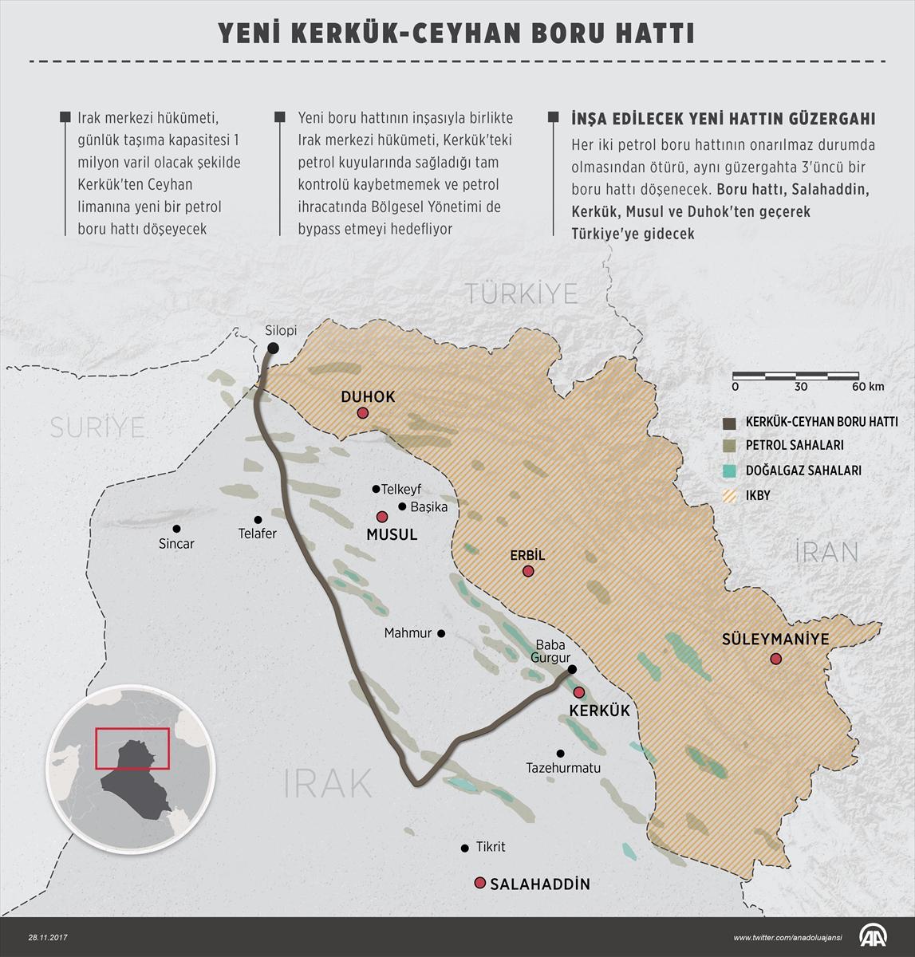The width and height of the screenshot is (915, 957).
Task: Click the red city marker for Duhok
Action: click(363, 413)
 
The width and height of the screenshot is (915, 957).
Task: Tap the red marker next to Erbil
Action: click(527, 571)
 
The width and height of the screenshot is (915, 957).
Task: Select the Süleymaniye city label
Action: click(775, 640)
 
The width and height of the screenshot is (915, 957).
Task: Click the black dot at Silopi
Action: click(273, 348)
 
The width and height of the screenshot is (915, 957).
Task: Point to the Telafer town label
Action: click(257, 534)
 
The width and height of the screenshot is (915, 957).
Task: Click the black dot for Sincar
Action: click(176, 528)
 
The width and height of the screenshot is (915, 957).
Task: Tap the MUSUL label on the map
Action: click(392, 535)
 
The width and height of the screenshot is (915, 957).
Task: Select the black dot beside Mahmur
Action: click(441, 633)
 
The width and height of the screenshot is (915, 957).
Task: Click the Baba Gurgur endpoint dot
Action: click(572, 669)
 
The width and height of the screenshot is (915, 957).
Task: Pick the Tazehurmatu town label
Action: click(563, 768)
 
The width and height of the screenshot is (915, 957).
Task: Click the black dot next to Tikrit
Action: click(464, 848)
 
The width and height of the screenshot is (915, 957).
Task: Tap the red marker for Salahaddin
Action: click(479, 883)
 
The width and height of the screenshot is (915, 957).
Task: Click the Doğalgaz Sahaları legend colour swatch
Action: click(729, 471)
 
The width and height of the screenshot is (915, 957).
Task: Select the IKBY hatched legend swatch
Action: click(729, 496)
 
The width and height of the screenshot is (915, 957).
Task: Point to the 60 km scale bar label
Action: click(867, 387)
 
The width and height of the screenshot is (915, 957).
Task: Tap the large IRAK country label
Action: click(328, 784)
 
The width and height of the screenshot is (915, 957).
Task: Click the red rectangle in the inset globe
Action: click(132, 748)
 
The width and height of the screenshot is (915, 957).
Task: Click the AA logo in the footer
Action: click(874, 937)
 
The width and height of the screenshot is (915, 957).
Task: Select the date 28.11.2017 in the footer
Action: click(50, 937)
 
